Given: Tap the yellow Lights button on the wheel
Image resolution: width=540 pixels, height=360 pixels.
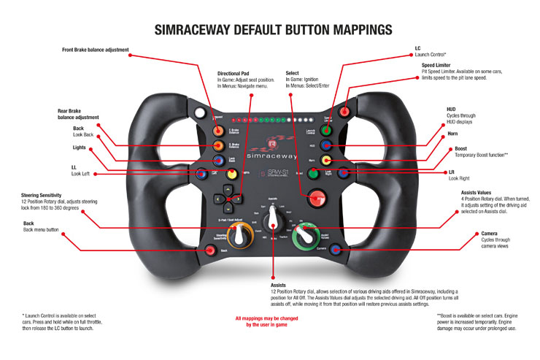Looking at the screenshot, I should [x=232, y=175].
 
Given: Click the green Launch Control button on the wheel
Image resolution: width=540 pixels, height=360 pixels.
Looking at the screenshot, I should [x=326, y=130].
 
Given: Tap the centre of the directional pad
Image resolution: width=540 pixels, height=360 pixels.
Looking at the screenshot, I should [x=227, y=198].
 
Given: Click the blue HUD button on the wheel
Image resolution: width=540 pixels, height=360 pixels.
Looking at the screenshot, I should [x=326, y=145].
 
